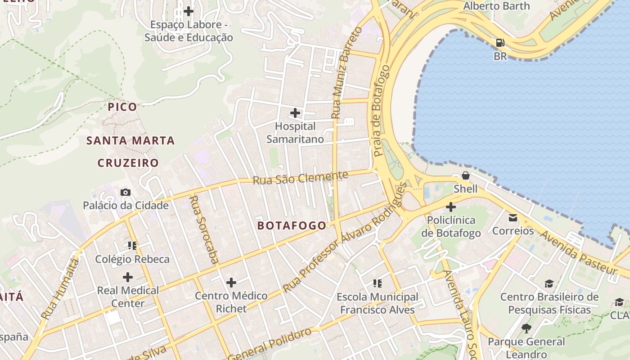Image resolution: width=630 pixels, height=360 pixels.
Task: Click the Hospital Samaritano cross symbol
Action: pos(295,112)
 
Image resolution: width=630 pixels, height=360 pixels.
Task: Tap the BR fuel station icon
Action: pos(500,43)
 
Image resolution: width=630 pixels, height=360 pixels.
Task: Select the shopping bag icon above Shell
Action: pos(466,175)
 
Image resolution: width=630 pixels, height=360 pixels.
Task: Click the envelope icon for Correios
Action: pos(513,218)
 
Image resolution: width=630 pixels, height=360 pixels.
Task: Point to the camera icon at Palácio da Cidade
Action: pos(126,193)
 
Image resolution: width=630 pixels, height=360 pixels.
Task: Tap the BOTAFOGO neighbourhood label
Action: pos(292,226)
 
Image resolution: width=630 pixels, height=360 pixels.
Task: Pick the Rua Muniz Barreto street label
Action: pos(346,73)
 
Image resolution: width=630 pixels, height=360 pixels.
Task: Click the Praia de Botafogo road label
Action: pos(381,111)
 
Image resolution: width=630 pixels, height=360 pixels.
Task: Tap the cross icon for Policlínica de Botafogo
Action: pos(450,207)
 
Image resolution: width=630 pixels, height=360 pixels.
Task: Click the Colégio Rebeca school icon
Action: pos(132,246)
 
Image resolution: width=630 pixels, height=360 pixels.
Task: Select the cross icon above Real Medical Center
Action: pos(128,277)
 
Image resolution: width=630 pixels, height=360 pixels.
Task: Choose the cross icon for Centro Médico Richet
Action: pos(231,283)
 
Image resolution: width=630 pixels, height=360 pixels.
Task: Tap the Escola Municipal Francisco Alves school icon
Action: pos(378,283)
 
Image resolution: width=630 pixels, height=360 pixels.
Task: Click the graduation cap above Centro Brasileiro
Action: pos(549,284)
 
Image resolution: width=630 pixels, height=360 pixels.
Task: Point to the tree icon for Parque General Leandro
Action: pos(526,328)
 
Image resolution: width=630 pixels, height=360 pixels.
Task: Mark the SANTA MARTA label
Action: pos(130,141)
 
